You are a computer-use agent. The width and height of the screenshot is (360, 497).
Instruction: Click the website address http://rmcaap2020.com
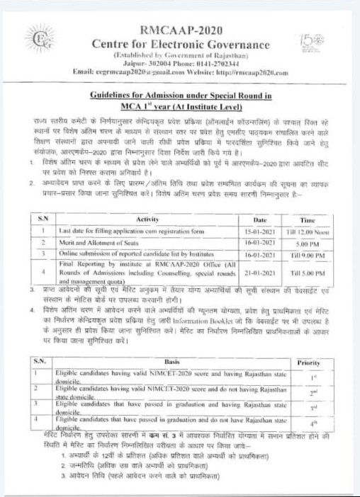click(248, 72)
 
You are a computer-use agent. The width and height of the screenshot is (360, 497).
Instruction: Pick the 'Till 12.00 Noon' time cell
click(308, 231)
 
